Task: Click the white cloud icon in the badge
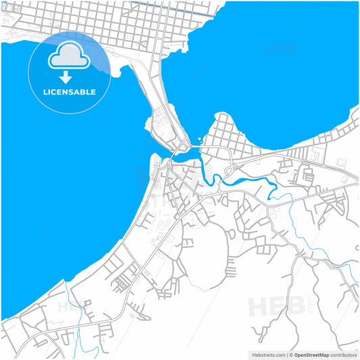[70, 55]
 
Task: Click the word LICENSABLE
[70, 92]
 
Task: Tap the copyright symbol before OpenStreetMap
[291, 354]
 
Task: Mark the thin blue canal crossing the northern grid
[169, 6]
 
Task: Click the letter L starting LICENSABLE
[45, 92]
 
